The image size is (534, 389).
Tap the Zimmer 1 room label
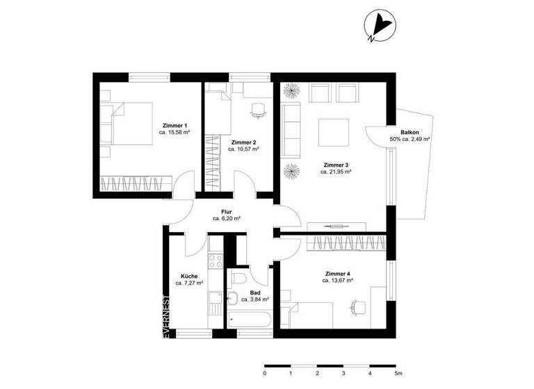coord(175,125)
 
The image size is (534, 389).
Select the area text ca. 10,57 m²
coord(243,149)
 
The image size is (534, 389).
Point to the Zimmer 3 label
coord(336,165)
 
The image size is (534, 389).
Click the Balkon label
coord(410,132)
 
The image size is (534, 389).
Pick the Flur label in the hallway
coord(227,210)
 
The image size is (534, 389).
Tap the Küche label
coord(189,275)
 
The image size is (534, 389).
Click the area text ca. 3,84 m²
coord(254,299)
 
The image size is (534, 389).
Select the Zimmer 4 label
coord(338,273)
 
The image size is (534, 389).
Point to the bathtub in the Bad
coord(249,322)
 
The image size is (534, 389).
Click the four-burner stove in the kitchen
coord(215,262)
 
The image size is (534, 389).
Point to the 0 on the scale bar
coord(265,373)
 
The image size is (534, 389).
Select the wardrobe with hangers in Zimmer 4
coord(346,243)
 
